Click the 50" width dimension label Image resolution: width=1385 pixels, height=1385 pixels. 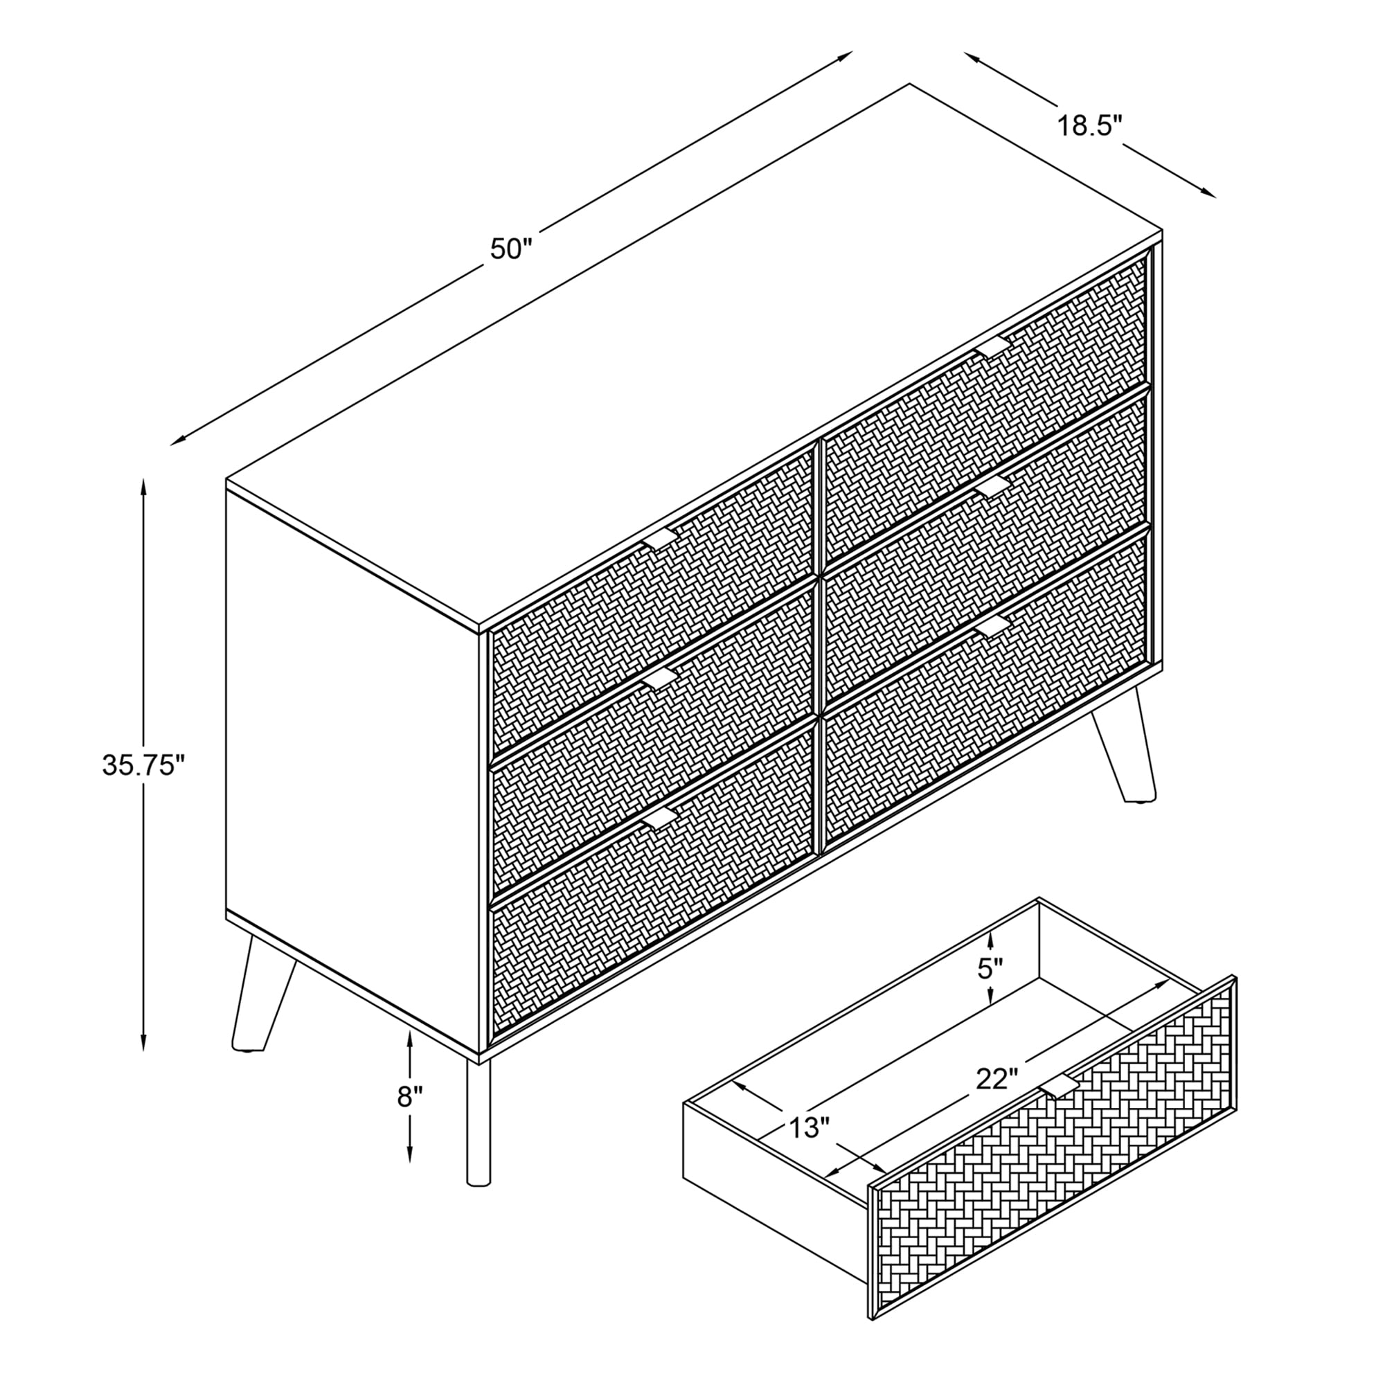[x=511, y=249]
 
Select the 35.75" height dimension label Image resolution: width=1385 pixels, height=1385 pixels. [x=144, y=766]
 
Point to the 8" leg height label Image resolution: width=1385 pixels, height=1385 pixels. [x=410, y=1097]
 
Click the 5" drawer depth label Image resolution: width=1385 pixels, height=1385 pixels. [x=990, y=969]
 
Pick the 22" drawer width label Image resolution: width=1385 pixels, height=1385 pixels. [x=997, y=1099]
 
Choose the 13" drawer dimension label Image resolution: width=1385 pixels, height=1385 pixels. [x=809, y=1127]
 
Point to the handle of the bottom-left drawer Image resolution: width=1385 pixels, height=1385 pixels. [x=658, y=819]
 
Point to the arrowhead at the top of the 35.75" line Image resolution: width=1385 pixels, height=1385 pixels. [x=144, y=488]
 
